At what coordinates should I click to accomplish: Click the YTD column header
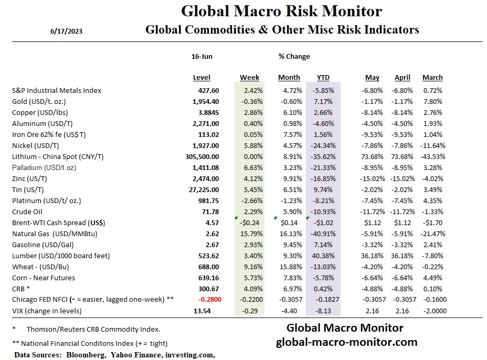tap(323, 78)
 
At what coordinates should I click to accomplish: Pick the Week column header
tap(249, 78)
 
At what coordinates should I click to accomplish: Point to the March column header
tap(432, 78)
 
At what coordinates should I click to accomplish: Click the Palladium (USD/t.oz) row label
tap(46, 167)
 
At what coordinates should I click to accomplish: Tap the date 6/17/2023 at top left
tap(66, 31)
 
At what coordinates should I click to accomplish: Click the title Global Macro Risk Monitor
tap(281, 11)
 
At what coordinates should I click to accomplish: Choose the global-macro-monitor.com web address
tap(346, 342)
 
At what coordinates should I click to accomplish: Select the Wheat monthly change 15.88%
tap(289, 267)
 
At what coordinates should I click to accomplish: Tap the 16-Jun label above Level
tap(202, 56)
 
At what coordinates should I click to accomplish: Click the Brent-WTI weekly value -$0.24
tap(251, 223)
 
